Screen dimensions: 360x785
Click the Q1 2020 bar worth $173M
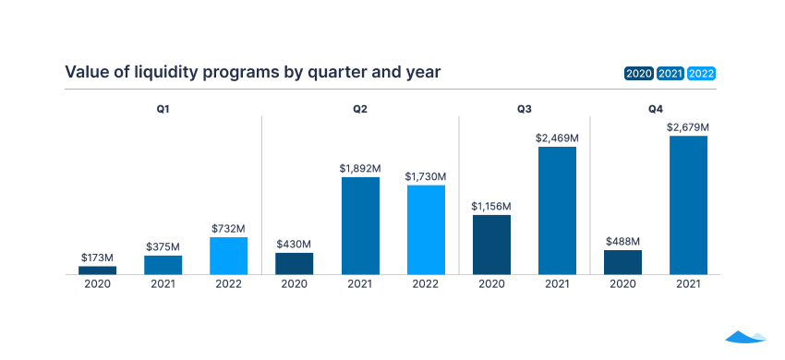(x=97, y=270)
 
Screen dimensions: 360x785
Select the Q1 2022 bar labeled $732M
(x=228, y=256)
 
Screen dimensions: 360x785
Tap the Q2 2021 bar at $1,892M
(x=360, y=225)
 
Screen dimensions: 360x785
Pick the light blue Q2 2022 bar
(x=426, y=230)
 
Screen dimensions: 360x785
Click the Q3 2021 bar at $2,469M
(x=557, y=210)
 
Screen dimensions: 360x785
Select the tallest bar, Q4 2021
(x=688, y=205)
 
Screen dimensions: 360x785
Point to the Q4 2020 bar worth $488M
(x=622, y=262)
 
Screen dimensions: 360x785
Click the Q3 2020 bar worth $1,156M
(x=491, y=245)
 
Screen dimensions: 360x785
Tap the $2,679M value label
(x=688, y=126)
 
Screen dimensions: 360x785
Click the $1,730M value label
(x=426, y=176)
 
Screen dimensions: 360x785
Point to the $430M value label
(x=295, y=243)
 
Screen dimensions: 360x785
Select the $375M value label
(x=163, y=246)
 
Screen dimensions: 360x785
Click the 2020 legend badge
(x=639, y=74)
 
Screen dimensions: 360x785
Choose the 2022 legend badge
(x=702, y=74)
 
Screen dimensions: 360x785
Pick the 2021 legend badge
(x=670, y=74)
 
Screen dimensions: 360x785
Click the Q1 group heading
(x=163, y=109)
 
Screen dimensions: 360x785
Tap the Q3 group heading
(x=524, y=109)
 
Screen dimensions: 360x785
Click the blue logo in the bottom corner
(x=745, y=337)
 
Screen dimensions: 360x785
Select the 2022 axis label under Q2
(x=426, y=284)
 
